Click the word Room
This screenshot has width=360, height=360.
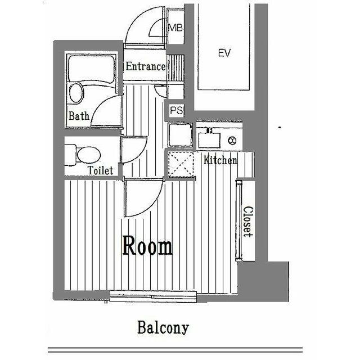point(147,245)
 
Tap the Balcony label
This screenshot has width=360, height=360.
point(163,327)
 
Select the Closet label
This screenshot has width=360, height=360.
point(248,222)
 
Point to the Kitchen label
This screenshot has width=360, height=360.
point(220,160)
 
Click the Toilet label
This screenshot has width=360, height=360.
point(101,170)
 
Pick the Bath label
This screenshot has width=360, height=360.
point(79,116)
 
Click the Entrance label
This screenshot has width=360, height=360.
point(145,66)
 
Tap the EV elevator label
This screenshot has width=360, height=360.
point(224,53)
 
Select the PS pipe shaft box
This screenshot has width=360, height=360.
point(176,110)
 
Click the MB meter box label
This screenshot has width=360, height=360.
point(175,28)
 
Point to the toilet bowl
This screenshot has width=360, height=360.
point(89,155)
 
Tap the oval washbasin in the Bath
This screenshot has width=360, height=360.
point(76,93)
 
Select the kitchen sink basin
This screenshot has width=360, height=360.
point(209,140)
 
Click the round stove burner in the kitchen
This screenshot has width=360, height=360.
point(232,140)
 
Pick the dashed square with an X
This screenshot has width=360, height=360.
point(181,164)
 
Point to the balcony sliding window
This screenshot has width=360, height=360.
point(153,296)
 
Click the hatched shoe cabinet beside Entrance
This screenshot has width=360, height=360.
point(176,68)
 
